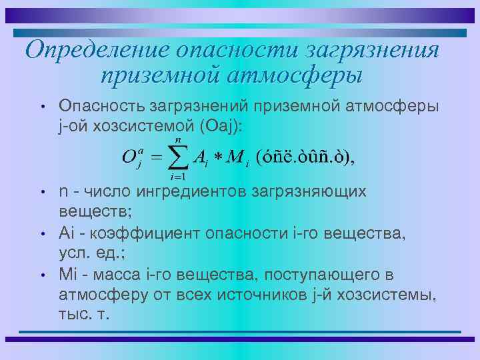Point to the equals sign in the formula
click(155, 159)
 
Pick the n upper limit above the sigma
click(178, 139)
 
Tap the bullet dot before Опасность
click(42, 107)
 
